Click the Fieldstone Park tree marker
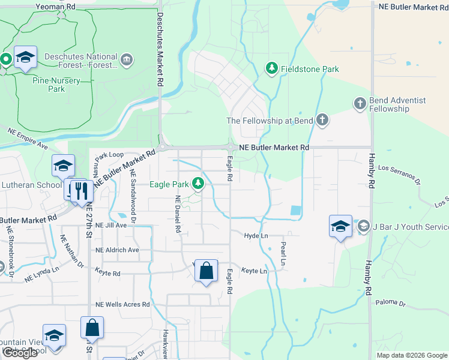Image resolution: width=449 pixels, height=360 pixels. tap(271, 69)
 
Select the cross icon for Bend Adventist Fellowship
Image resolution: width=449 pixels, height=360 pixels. tap(360, 104)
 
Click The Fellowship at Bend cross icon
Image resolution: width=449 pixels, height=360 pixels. tap(322, 121)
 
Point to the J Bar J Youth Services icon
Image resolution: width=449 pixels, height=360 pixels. tap(363, 227)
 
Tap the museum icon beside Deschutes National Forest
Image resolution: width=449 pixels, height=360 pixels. tap(127, 59)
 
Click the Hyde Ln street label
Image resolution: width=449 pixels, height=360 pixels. tap(256, 236)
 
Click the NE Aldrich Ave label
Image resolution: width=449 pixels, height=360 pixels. tap(117, 250)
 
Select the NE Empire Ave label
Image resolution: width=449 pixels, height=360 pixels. tap(28, 137)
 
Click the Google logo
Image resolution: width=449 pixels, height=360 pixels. tap(20, 353)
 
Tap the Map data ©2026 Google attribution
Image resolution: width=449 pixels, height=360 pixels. tap(411, 355)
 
